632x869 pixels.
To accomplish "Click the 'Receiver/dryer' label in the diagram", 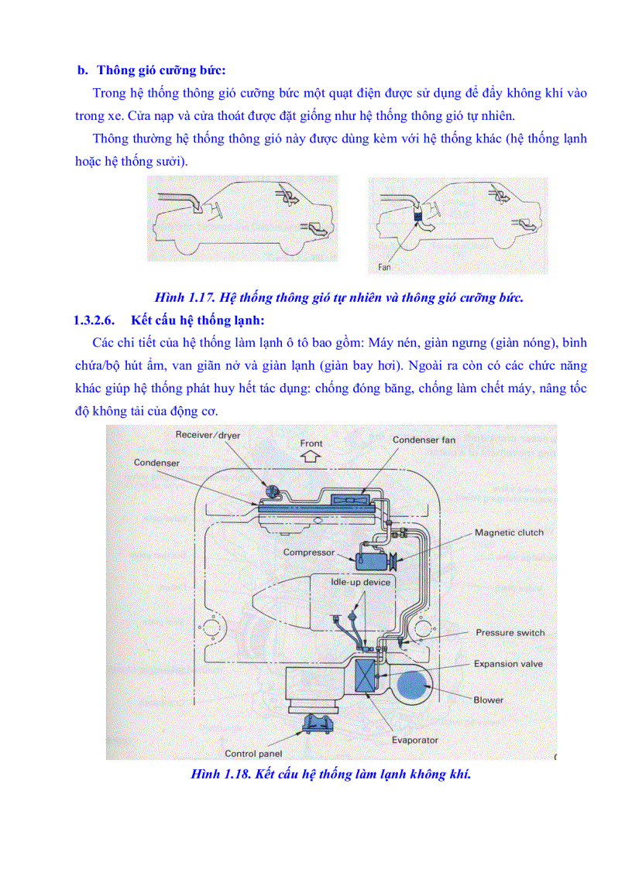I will [x=208, y=436].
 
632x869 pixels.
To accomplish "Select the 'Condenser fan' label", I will [x=424, y=440].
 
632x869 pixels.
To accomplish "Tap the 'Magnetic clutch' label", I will [x=509, y=532].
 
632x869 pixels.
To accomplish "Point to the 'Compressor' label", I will [x=308, y=553].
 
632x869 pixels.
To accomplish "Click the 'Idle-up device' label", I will [x=361, y=581].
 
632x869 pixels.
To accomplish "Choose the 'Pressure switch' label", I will [x=510, y=632].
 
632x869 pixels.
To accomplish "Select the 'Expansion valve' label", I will [x=508, y=664].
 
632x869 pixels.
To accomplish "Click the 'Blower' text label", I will [x=488, y=700].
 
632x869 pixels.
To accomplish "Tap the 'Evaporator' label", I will [x=414, y=740].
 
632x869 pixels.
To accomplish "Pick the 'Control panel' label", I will [x=253, y=753].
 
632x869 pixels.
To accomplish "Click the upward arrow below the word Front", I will [x=310, y=457].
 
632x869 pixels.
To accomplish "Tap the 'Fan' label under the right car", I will [x=384, y=267].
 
